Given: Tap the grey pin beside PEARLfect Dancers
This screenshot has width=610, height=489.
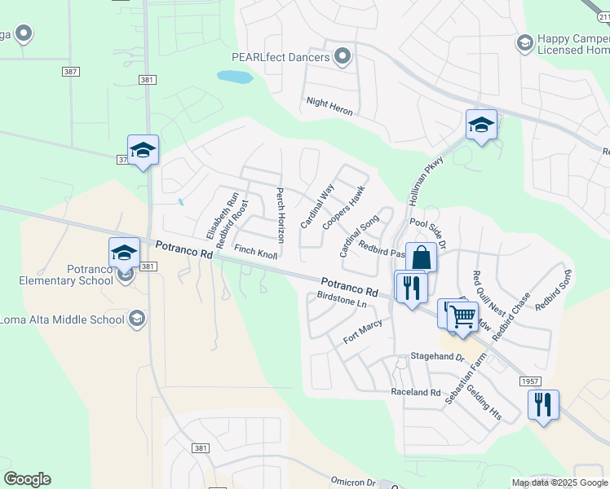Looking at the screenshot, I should [x=343, y=57].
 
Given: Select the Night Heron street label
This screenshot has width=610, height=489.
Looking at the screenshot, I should [x=329, y=106].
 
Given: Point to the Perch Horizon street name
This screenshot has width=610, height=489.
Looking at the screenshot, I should [x=280, y=216].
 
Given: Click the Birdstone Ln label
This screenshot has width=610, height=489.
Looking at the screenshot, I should [x=342, y=300].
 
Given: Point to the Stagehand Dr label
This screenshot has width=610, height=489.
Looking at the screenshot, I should [x=436, y=358].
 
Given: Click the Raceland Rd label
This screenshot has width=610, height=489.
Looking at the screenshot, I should [x=415, y=392].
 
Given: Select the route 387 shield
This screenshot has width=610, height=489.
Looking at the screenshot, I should [x=70, y=72].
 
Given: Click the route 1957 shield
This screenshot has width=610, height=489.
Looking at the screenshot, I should [x=531, y=381].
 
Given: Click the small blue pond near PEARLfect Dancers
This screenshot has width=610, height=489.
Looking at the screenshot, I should [x=234, y=77].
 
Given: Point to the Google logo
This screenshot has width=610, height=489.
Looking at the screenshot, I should [x=27, y=479].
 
